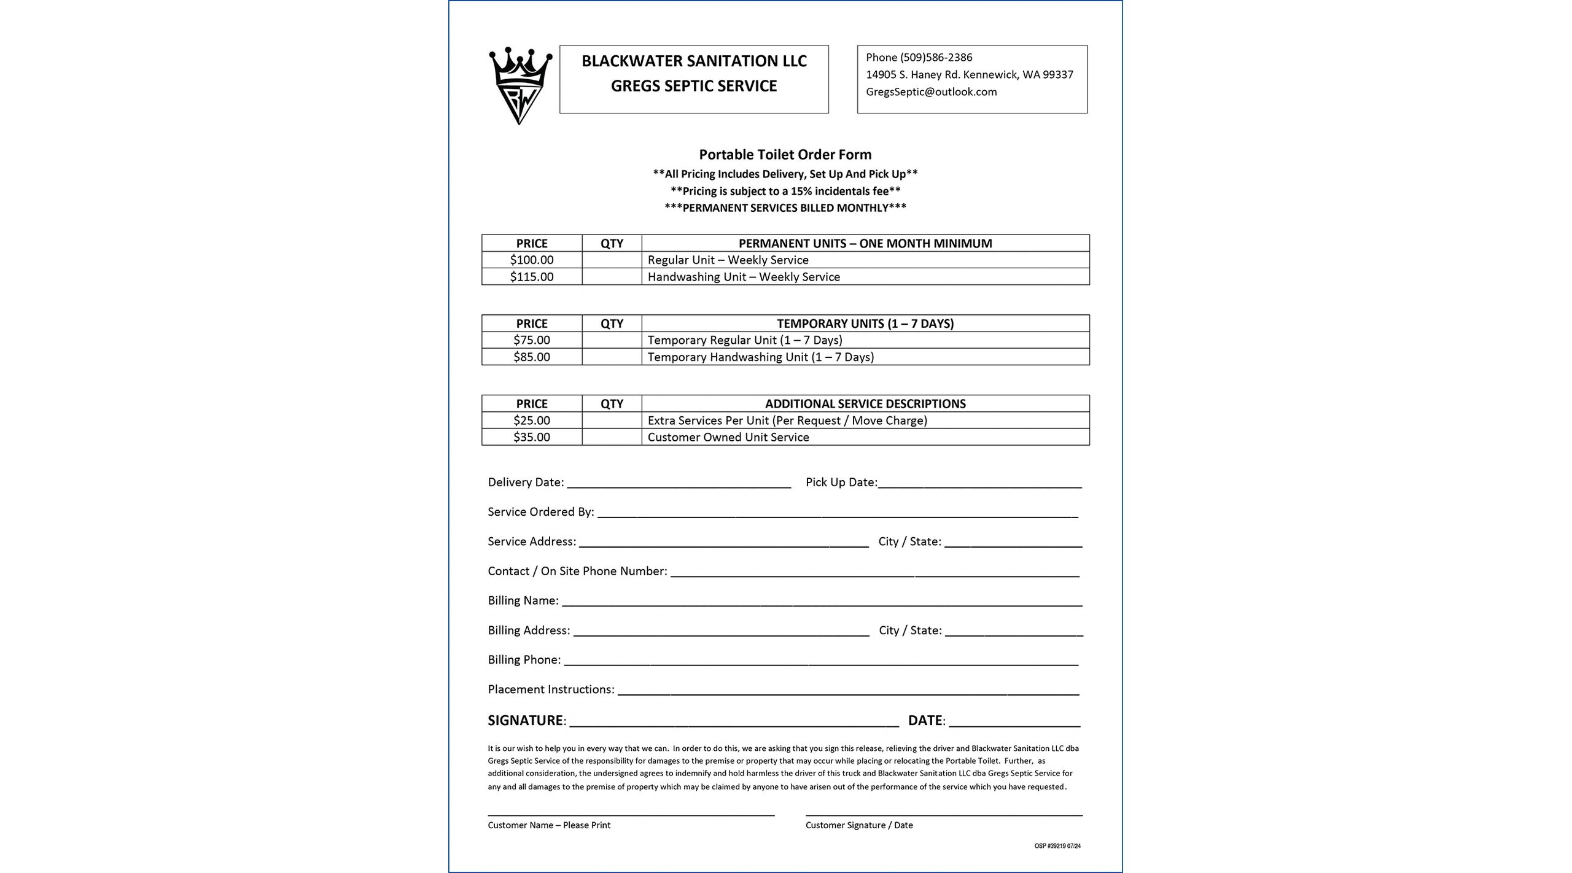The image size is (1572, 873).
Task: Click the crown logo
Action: pyautogui.click(x=520, y=85)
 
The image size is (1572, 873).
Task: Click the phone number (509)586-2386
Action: pyautogui.click(x=936, y=58)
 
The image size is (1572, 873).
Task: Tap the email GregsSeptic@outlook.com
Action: pyautogui.click(x=931, y=92)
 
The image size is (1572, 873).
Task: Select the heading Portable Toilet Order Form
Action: pyautogui.click(x=785, y=155)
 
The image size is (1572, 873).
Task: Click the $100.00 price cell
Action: pyautogui.click(x=531, y=260)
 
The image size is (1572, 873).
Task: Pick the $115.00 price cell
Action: pyautogui.click(x=531, y=277)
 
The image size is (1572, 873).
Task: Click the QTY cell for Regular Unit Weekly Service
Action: pyautogui.click(x=612, y=260)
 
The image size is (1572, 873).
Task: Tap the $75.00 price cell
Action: pyautogui.click(x=531, y=340)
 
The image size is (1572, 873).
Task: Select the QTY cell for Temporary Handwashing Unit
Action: pyautogui.click(x=612, y=357)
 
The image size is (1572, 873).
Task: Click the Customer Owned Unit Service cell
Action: pyautogui.click(x=728, y=438)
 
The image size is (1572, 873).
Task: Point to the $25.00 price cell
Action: pyautogui.click(x=531, y=421)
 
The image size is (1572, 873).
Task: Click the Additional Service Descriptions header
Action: pyautogui.click(x=865, y=404)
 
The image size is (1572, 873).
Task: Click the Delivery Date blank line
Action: pyautogui.click(x=679, y=483)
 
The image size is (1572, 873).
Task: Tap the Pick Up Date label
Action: pyautogui.click(x=841, y=483)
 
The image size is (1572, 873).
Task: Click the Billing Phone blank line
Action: pyautogui.click(x=820, y=661)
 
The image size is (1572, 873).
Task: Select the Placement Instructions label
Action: pyautogui.click(x=550, y=689)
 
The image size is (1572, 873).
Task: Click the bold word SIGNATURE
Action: pyautogui.click(x=525, y=721)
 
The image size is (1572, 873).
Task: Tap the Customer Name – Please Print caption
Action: pyautogui.click(x=549, y=826)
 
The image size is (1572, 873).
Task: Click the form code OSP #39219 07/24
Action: pyautogui.click(x=1057, y=846)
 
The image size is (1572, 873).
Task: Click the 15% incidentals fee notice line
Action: pyautogui.click(x=785, y=191)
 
